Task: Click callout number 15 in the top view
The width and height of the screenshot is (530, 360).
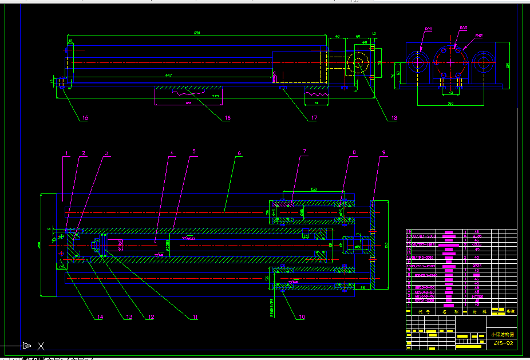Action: (85, 118)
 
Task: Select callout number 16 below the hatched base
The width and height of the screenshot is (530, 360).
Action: (227, 118)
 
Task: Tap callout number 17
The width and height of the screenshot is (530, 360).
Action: (314, 118)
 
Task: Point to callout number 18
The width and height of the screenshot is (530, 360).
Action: (393, 118)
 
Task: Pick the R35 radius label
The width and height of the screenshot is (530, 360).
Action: (463, 27)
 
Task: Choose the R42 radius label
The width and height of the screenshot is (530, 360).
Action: (479, 36)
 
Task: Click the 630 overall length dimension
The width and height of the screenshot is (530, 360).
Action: (197, 33)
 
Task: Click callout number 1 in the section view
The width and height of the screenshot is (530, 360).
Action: (66, 153)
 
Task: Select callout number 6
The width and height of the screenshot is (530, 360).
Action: (239, 153)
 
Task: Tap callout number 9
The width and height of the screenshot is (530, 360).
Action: (384, 153)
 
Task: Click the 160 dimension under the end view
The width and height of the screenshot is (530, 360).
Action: (450, 104)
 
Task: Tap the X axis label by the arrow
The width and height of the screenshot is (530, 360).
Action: (41, 346)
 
